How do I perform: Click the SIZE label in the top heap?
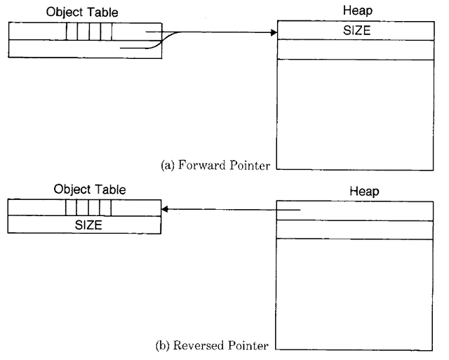(x=357, y=31)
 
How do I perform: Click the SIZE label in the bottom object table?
(x=88, y=225)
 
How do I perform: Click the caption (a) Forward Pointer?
(x=216, y=166)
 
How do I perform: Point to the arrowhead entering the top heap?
(x=274, y=32)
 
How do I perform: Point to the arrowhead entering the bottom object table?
(x=164, y=208)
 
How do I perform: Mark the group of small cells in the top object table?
(x=89, y=32)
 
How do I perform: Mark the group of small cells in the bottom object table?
(x=88, y=208)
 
